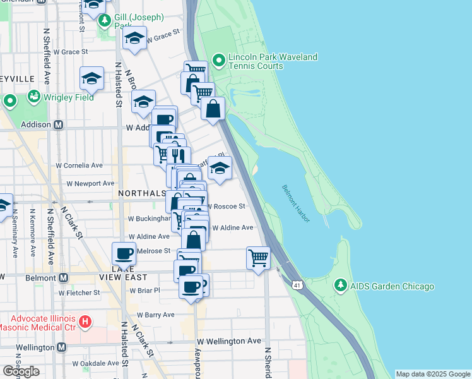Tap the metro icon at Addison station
[x=58, y=124]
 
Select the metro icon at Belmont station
[x=63, y=277]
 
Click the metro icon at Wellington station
[x=61, y=347]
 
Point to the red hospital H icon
[x=85, y=322]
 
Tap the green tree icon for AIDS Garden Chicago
[x=341, y=286]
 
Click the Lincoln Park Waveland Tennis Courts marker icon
[x=219, y=62]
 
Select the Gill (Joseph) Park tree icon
[x=104, y=21]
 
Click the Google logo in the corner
[x=21, y=371]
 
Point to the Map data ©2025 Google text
[x=433, y=374]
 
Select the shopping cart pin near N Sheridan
[x=258, y=258]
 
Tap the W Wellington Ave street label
[x=228, y=341]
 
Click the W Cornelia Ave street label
[x=79, y=165]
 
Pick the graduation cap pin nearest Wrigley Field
[x=91, y=78]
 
